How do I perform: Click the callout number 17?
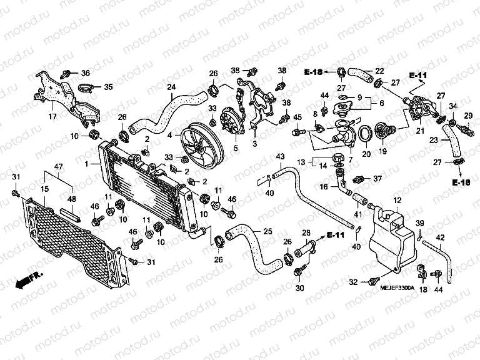[52, 116]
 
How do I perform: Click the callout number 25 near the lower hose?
[267, 231]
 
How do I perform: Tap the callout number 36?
[85, 73]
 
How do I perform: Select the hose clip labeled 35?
[86, 87]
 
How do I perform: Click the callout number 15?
[45, 189]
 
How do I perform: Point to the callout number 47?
[57, 166]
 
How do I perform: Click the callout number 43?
[280, 156]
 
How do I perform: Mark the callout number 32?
[353, 282]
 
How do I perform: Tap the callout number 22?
[379, 72]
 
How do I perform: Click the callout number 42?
[441, 237]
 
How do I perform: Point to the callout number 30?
[301, 288]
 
